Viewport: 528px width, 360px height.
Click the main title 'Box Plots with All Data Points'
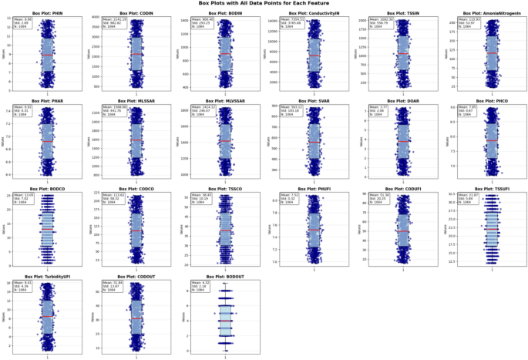(264, 4)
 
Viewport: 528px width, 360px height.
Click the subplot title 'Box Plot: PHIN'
(48, 14)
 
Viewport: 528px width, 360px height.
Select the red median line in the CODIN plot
(136, 54)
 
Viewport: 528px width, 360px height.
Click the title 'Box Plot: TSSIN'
(401, 14)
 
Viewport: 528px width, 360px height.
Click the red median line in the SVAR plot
(313, 143)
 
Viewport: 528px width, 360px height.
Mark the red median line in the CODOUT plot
(136, 318)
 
